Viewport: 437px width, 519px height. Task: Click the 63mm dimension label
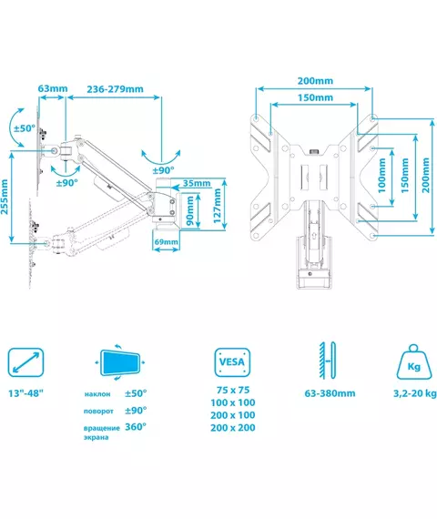[x=53, y=88]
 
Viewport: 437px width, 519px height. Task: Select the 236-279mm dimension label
[x=116, y=89]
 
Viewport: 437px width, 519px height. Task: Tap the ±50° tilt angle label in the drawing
[x=25, y=128]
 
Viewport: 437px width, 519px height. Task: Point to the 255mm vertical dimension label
[x=5, y=197]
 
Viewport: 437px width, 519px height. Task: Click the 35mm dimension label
[x=197, y=183]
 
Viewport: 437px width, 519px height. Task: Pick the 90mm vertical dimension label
[x=190, y=210]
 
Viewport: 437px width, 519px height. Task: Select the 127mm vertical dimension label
[x=218, y=206]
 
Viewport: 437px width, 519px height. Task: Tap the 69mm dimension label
[x=167, y=242]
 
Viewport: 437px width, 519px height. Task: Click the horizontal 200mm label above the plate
[x=315, y=81]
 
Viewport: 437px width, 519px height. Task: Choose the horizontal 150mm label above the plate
[x=315, y=97]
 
